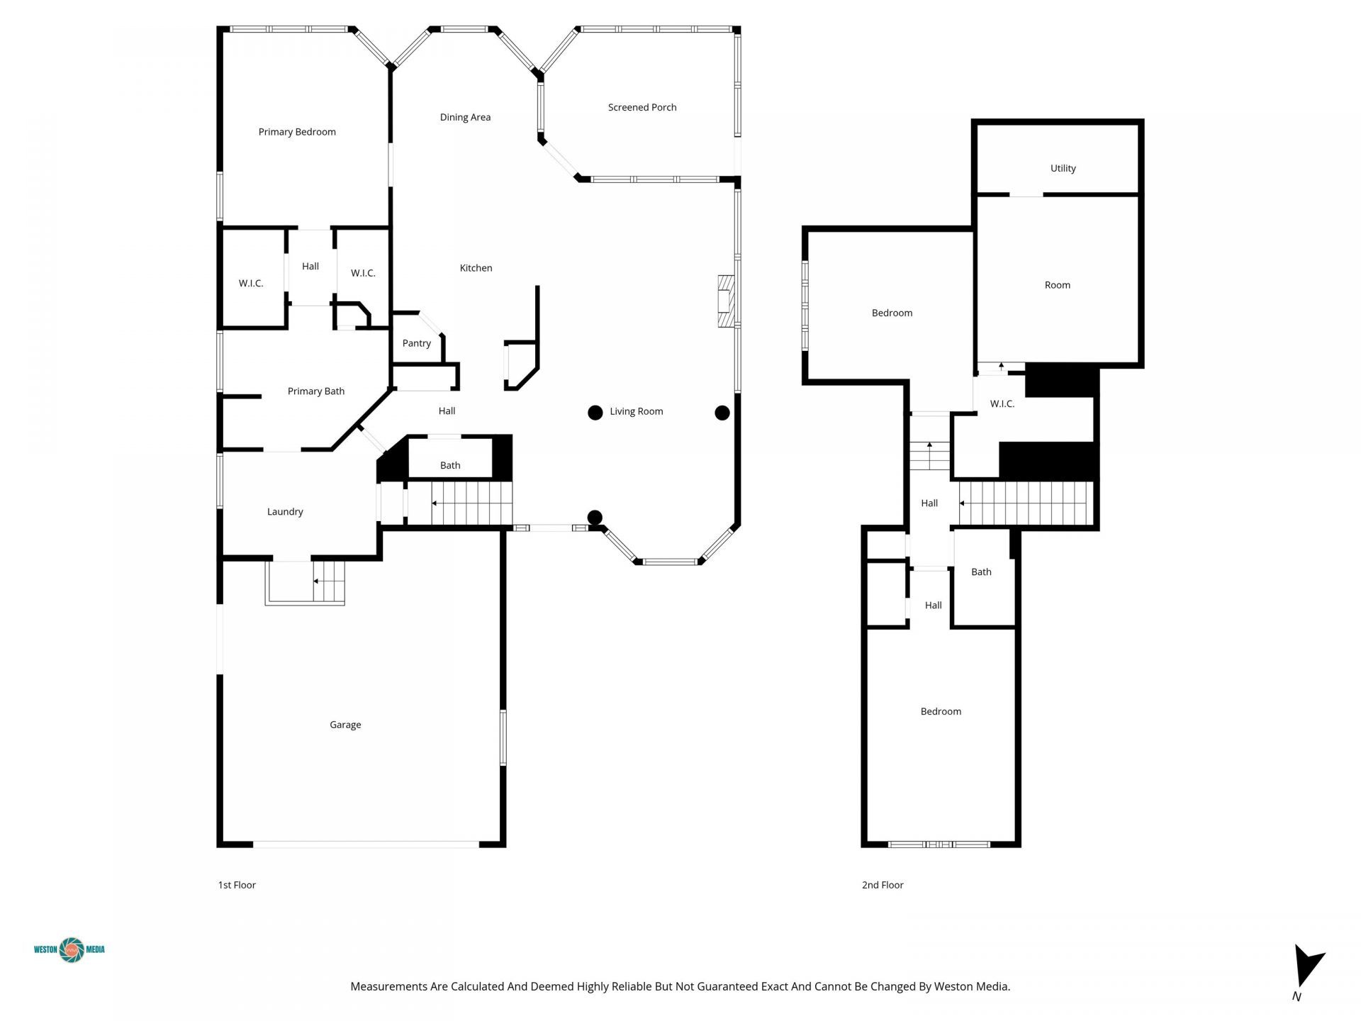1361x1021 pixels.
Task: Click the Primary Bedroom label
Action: coord(297,132)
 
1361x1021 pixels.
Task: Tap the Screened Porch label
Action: coord(642,107)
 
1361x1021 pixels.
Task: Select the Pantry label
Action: coord(417,343)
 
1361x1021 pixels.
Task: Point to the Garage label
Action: coord(345,725)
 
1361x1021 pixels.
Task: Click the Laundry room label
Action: coord(285,512)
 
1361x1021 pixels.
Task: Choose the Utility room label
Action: coord(1063,168)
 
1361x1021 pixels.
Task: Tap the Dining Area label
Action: coord(465,117)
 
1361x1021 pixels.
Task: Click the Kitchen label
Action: coord(476,268)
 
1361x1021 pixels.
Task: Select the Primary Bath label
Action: coord(316,391)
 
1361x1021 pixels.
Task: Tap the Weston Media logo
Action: coord(69,949)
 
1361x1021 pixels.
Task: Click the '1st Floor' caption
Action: coord(237,885)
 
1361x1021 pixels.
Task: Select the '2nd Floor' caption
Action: coord(883,885)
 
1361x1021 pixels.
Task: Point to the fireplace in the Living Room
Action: coord(725,301)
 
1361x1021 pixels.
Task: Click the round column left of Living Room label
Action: coord(595,413)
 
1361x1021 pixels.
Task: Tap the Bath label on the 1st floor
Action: coord(450,466)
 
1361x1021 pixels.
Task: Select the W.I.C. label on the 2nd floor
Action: coord(1002,404)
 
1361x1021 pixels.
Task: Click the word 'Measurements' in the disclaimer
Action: coord(388,986)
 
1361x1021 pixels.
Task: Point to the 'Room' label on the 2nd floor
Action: coord(1058,285)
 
